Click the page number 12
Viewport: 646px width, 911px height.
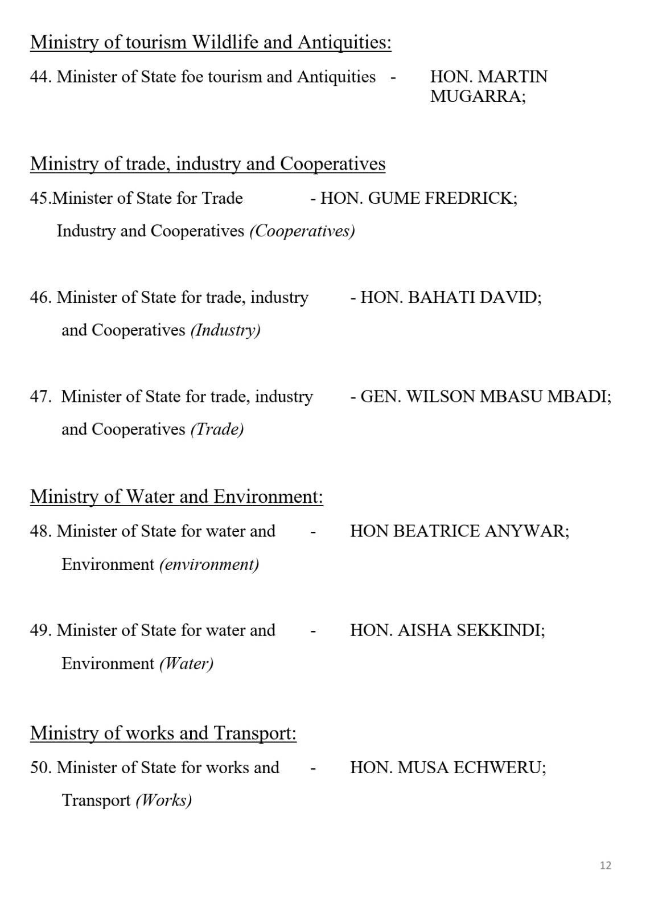pyautogui.click(x=605, y=865)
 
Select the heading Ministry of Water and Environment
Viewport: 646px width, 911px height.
pyautogui.click(x=176, y=496)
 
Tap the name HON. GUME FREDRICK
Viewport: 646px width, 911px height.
pyautogui.click(x=419, y=198)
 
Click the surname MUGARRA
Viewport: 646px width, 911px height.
pyautogui.click(x=478, y=97)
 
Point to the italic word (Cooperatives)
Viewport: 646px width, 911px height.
pyautogui.click(x=302, y=231)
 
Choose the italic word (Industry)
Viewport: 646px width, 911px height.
pyautogui.click(x=225, y=330)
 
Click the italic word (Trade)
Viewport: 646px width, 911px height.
pyautogui.click(x=217, y=429)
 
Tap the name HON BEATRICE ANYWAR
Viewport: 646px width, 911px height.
pyautogui.click(x=459, y=531)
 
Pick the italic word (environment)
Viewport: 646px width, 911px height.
pyautogui.click(x=209, y=564)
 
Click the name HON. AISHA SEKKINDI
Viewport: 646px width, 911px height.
pyautogui.click(x=447, y=630)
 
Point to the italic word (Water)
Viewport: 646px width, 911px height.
pyautogui.click(x=186, y=663)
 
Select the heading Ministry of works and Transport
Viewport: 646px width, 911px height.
pyautogui.click(x=163, y=733)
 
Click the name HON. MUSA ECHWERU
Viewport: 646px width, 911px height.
pyautogui.click(x=448, y=768)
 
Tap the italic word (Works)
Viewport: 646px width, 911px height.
pyautogui.click(x=164, y=801)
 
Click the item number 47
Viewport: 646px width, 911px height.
pyautogui.click(x=40, y=396)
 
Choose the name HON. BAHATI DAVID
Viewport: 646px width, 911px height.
pyautogui.click(x=451, y=297)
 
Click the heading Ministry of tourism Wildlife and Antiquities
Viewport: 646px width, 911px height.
pyautogui.click(x=211, y=42)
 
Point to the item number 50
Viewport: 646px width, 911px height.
pyautogui.click(x=40, y=768)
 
